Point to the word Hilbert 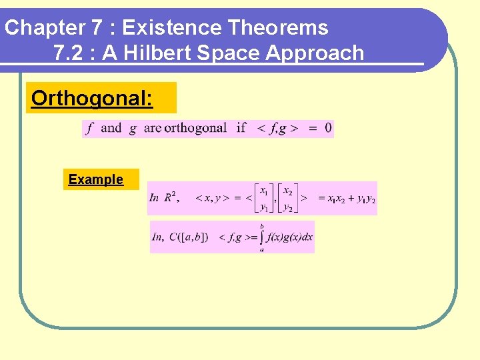click(x=158, y=53)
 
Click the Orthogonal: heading click(x=92, y=99)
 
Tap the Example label click(x=96, y=179)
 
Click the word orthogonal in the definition click(x=195, y=128)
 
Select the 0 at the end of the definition click(x=328, y=128)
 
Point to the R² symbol click(x=171, y=197)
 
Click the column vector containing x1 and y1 click(x=265, y=199)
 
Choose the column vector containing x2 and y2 click(x=287, y=199)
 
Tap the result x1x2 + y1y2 click(x=347, y=199)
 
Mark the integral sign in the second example click(x=262, y=237)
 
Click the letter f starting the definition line click(x=89, y=128)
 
